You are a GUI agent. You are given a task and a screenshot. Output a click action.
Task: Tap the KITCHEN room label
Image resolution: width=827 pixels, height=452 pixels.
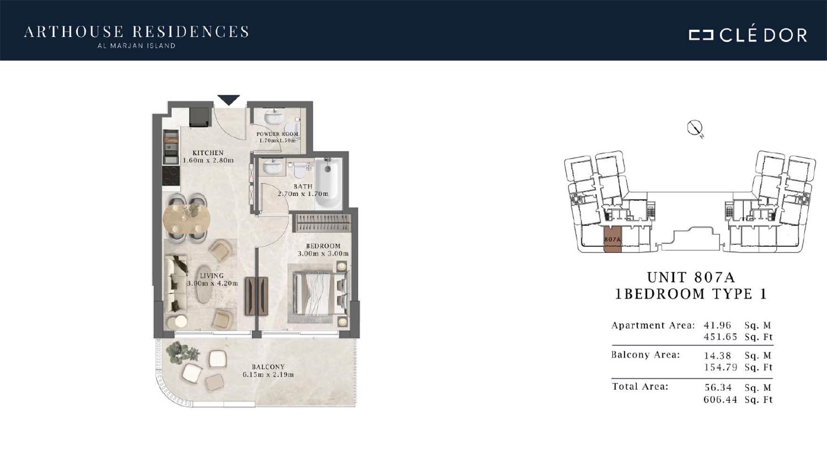pos(208,153)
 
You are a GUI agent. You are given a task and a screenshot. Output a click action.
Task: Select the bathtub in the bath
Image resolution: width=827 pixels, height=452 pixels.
pos(328,184)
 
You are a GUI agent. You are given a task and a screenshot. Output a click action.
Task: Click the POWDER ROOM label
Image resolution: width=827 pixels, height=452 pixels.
pos(277,134)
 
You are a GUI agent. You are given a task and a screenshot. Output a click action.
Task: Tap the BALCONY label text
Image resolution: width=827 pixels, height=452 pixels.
pos(268,367)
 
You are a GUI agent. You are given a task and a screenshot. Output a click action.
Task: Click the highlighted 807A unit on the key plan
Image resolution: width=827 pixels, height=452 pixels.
pos(613,240)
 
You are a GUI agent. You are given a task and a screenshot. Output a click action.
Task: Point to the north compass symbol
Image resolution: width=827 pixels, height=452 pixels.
pos(695,128)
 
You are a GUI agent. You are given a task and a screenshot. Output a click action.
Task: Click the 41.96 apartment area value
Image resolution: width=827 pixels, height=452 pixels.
pos(717,325)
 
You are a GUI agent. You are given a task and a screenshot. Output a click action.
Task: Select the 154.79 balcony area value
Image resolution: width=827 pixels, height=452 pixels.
pos(720,367)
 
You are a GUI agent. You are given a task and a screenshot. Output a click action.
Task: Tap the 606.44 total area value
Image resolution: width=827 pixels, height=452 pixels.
pos(720,400)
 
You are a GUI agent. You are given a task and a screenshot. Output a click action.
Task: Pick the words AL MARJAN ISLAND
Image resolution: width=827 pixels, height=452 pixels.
pos(136,46)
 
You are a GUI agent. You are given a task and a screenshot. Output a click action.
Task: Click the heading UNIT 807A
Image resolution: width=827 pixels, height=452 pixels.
pos(691,277)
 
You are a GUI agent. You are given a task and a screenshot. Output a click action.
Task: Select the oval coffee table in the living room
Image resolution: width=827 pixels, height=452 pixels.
pos(203,284)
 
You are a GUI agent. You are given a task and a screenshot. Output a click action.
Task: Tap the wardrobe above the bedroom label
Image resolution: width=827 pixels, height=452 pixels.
pos(322,223)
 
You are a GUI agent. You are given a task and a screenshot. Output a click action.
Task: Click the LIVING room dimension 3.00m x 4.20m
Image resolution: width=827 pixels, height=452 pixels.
pos(212,283)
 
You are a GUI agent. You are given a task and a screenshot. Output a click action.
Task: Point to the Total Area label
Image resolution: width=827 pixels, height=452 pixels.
pos(640,386)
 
